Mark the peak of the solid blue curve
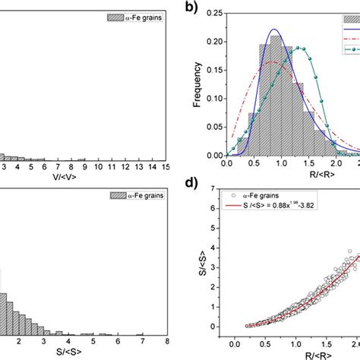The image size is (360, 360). pos(275,30)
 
